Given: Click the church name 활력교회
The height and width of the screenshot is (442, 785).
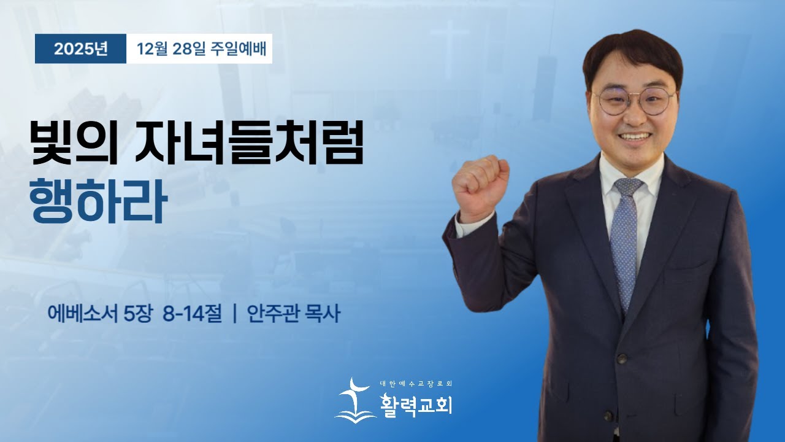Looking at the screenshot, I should point(416,405).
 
